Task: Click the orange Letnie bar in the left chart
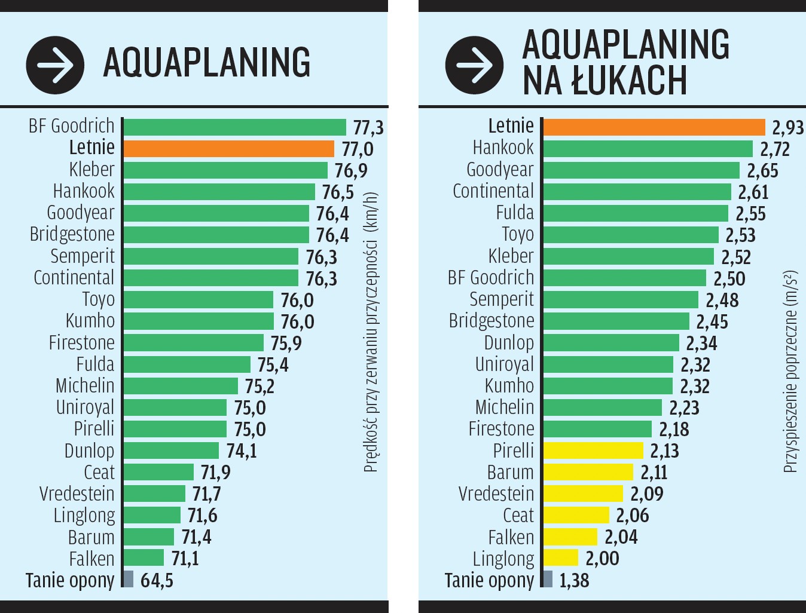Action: click(228, 149)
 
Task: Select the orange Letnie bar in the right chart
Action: click(654, 127)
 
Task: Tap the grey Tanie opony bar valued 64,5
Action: click(128, 579)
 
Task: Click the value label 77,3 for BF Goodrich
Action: click(368, 128)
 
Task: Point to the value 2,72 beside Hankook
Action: click(774, 149)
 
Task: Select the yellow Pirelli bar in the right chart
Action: click(593, 450)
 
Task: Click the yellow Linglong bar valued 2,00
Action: click(560, 558)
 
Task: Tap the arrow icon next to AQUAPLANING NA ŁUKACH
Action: click(474, 65)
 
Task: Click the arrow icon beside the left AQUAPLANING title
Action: click(55, 65)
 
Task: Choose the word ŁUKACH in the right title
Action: click(629, 81)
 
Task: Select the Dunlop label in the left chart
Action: click(89, 450)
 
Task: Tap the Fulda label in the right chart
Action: click(514, 213)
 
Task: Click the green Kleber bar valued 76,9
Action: click(225, 170)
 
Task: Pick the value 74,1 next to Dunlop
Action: click(242, 450)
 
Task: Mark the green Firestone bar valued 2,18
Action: click(597, 429)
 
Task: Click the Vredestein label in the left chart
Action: click(77, 494)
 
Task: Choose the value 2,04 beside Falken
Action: click(621, 537)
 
